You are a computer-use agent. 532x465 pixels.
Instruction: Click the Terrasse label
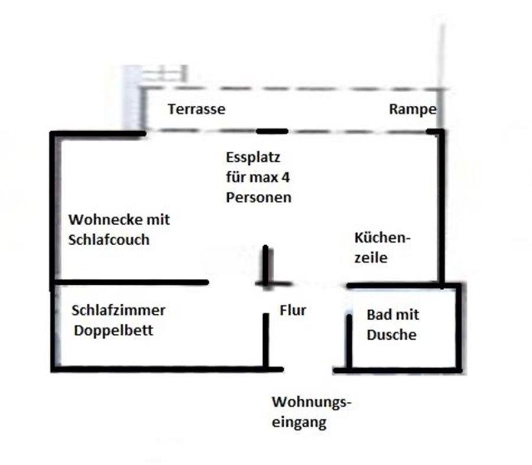(x=196, y=109)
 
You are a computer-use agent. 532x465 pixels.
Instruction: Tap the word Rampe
(x=413, y=109)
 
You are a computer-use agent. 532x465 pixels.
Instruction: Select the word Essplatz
(x=252, y=158)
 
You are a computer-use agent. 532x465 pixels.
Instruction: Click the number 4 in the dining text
(x=286, y=177)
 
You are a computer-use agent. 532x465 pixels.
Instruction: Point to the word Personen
(x=258, y=197)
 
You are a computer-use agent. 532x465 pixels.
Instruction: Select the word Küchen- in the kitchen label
(x=381, y=238)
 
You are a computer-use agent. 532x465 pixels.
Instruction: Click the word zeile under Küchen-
(x=371, y=258)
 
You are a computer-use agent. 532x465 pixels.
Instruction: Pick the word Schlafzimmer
(x=118, y=310)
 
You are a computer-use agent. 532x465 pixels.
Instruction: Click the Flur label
(x=293, y=310)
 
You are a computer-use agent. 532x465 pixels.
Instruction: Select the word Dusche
(x=391, y=334)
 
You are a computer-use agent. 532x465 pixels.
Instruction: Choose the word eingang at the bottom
(x=299, y=422)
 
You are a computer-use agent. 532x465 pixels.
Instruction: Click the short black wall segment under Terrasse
(x=272, y=131)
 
